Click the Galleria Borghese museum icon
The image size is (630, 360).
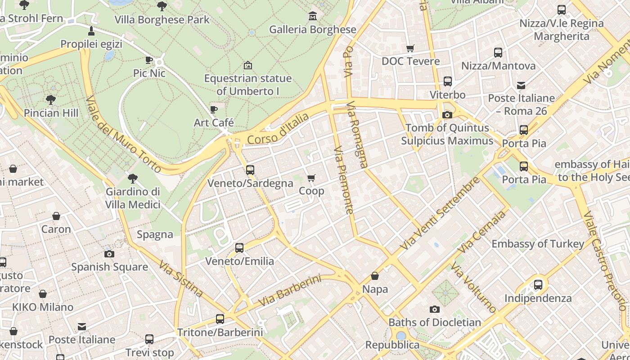313,17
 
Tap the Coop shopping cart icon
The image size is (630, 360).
311,178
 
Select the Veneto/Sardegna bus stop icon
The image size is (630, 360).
250,170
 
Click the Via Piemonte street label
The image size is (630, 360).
344,180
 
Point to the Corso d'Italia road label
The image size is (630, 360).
278,129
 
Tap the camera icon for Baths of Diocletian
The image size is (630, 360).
434,309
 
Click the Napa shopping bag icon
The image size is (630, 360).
375,276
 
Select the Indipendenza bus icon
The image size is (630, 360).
538,285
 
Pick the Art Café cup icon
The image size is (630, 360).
214,109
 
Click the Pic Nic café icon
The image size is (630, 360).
149,60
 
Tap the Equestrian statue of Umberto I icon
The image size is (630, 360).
247,65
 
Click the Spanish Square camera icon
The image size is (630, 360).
109,254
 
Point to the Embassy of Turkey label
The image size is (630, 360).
538,244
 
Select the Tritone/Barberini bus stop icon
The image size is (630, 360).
220,319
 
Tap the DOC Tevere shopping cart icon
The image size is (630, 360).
410,48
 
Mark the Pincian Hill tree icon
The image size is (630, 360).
50,99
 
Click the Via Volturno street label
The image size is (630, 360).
473,288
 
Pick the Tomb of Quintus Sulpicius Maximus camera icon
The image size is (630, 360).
447,115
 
